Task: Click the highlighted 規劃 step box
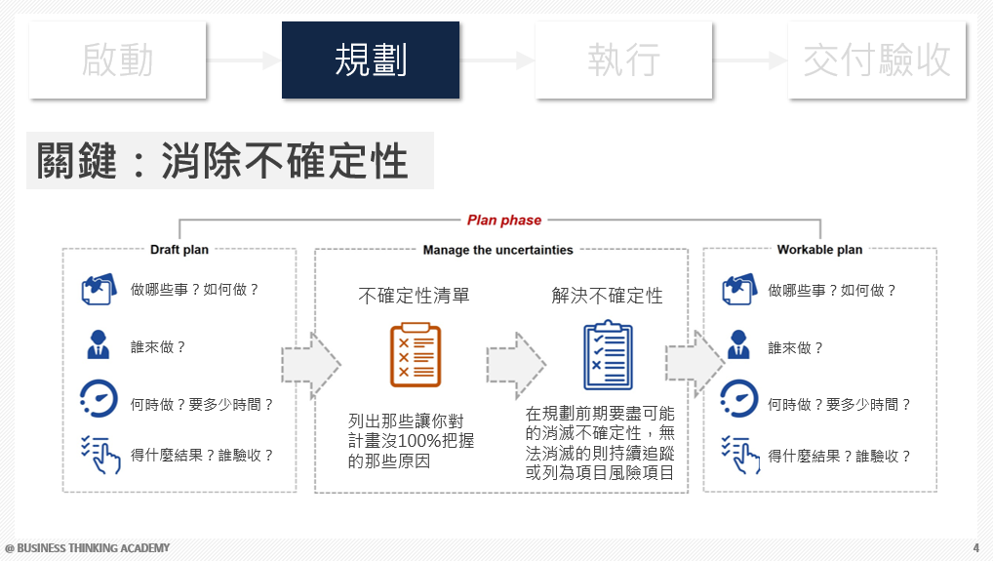(x=371, y=60)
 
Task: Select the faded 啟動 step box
(x=118, y=60)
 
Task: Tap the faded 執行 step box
(x=623, y=60)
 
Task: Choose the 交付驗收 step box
(x=877, y=60)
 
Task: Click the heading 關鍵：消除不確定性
(x=223, y=161)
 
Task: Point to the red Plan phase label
(x=504, y=220)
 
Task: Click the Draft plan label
(x=179, y=250)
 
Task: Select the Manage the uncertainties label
(x=497, y=250)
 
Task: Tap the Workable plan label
(x=819, y=250)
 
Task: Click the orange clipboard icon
(x=415, y=355)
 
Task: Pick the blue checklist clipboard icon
(x=608, y=355)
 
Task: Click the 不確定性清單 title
(x=414, y=296)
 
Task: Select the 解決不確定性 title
(x=607, y=296)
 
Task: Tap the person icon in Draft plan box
(x=98, y=345)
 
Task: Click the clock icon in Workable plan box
(x=739, y=400)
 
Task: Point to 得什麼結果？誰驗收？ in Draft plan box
(x=202, y=456)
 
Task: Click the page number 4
(x=976, y=547)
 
